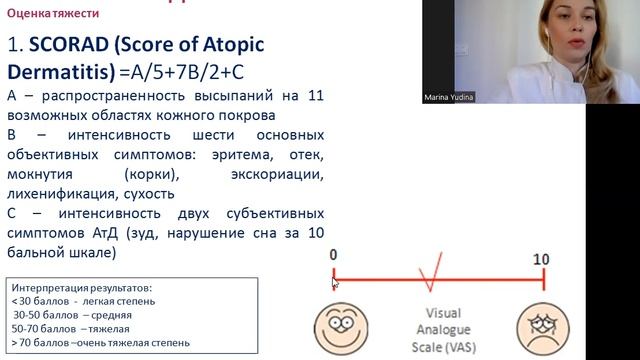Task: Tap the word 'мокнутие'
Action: [x=43, y=174]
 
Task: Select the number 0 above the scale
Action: [x=333, y=258]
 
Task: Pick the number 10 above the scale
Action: [x=541, y=258]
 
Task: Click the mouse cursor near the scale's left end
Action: [x=335, y=284]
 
